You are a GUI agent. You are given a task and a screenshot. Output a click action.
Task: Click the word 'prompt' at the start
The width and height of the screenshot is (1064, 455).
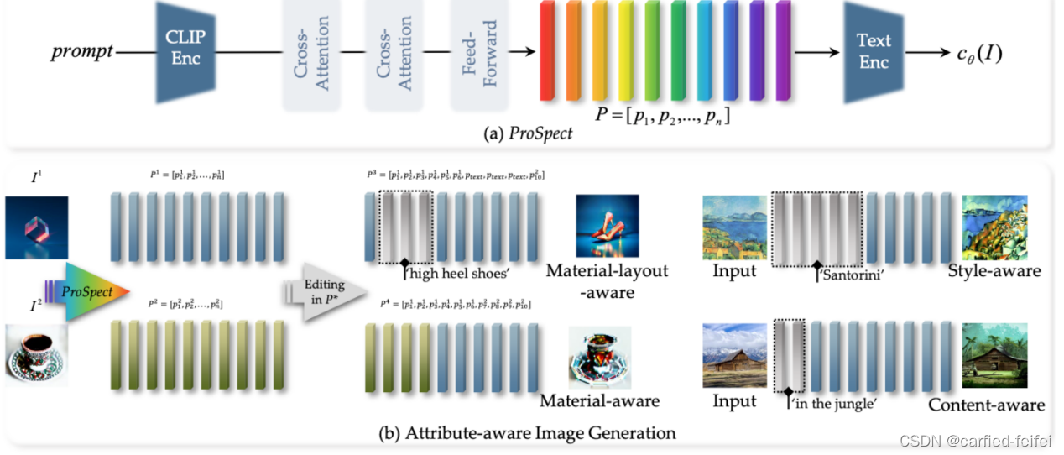point(81,52)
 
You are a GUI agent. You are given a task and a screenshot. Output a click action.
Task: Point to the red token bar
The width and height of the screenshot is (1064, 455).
point(548,50)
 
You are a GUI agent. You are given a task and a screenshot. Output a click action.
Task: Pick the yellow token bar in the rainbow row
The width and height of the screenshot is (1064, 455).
point(625,50)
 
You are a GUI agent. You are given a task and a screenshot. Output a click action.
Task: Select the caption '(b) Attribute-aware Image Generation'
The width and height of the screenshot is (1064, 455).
point(527,433)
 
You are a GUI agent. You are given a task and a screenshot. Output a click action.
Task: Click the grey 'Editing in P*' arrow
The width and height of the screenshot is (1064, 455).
point(326,290)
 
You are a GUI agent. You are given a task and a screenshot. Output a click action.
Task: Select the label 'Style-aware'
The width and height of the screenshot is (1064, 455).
point(994,270)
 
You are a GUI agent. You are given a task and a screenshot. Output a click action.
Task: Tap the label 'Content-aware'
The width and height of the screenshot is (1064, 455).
point(986,405)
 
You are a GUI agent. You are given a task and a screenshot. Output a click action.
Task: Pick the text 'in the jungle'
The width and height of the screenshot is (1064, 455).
point(835,404)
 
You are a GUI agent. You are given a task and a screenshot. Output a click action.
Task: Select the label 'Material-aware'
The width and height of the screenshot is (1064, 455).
point(599,400)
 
